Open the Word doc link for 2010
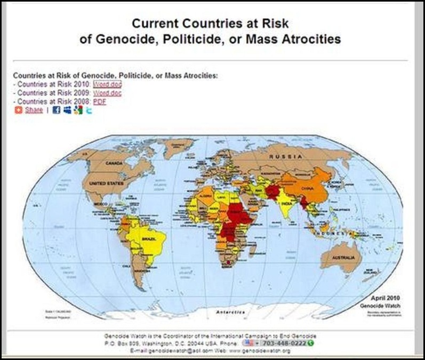[108, 84]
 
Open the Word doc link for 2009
[108, 93]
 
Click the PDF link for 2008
[100, 101]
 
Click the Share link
[34, 110]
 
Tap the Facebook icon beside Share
[57, 110]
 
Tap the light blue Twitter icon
[89, 110]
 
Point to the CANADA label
[114, 162]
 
